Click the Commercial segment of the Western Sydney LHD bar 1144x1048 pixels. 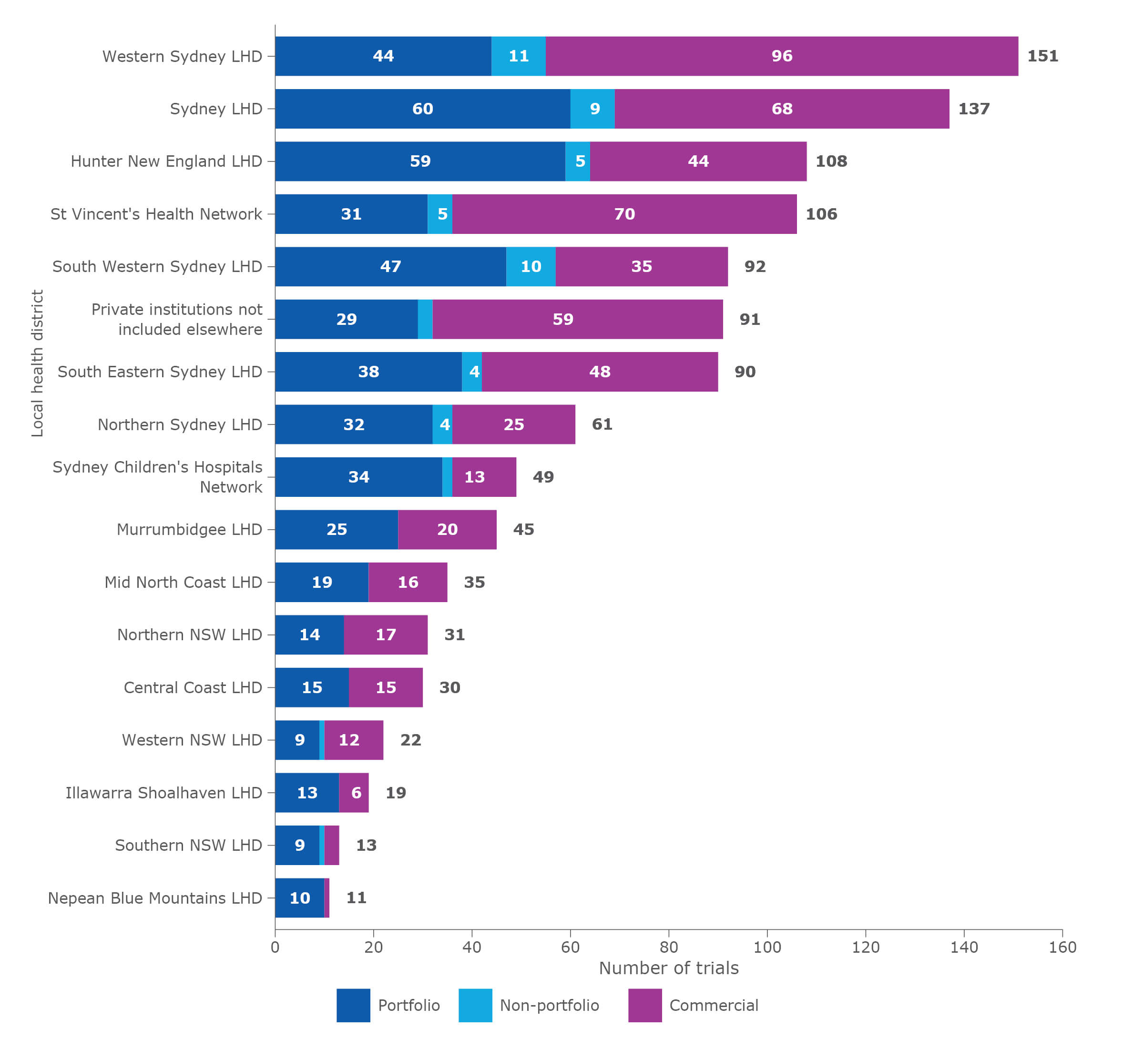point(781,56)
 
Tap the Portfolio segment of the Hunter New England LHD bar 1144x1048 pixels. point(420,161)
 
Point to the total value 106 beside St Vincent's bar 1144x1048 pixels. point(821,214)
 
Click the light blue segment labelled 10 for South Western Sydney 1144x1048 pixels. point(531,267)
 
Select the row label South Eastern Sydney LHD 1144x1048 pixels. point(160,372)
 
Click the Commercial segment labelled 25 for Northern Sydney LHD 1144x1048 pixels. point(513,425)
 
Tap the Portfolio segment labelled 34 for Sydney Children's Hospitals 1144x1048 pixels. point(358,477)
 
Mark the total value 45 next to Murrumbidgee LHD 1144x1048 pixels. point(523,530)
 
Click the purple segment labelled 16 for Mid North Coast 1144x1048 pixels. point(408,583)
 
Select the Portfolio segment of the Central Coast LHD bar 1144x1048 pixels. point(312,687)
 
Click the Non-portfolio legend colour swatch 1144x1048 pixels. point(475,1006)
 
